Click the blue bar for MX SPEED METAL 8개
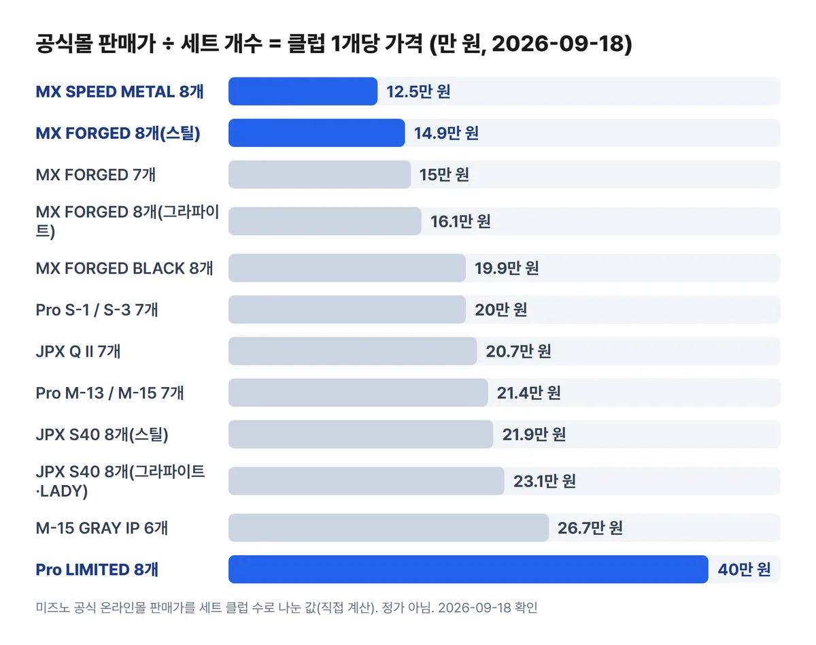click(303, 91)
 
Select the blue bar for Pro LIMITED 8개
click(469, 569)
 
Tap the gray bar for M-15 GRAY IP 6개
click(388, 527)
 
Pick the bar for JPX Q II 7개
click(352, 351)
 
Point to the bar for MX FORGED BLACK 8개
click(347, 268)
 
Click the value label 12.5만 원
click(418, 91)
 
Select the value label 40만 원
click(744, 569)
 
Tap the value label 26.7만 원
click(590, 528)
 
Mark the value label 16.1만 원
click(460, 221)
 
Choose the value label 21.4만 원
click(529, 393)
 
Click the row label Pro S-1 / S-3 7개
click(97, 310)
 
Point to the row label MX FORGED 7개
click(96, 175)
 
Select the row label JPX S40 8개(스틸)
click(102, 435)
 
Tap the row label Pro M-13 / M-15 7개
click(109, 393)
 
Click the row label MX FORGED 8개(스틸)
click(118, 133)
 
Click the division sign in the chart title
click(168, 44)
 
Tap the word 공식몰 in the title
click(64, 44)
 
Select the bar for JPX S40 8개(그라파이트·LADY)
click(367, 481)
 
